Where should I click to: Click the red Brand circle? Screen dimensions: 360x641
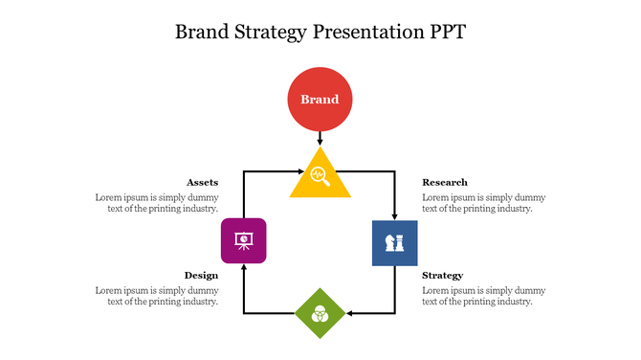pos(320,100)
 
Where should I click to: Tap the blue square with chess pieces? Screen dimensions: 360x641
pos(394,242)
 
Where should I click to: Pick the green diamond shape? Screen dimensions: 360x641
pos(320,313)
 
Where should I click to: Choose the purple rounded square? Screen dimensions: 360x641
pos(243,240)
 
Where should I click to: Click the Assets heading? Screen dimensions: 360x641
pos(202,182)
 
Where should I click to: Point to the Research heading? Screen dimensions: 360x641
pos(445,182)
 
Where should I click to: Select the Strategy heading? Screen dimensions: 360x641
pos(442,275)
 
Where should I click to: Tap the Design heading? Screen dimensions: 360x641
pos(201,275)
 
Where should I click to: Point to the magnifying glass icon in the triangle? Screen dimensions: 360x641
pos(320,176)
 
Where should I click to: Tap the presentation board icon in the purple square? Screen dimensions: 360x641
pos(243,238)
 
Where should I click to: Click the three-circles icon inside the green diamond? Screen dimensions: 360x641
pos(320,311)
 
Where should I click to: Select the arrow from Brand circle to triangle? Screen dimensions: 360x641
pos(320,139)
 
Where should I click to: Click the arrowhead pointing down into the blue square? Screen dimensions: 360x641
pos(394,215)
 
